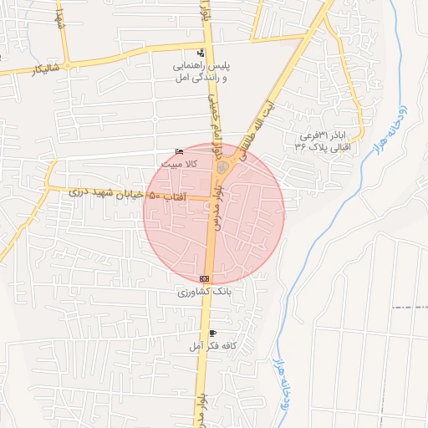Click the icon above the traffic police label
[199, 53]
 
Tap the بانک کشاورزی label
[204, 293]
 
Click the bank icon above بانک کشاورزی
[205, 278]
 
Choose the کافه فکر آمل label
[212, 345]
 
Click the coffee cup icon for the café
[213, 333]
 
